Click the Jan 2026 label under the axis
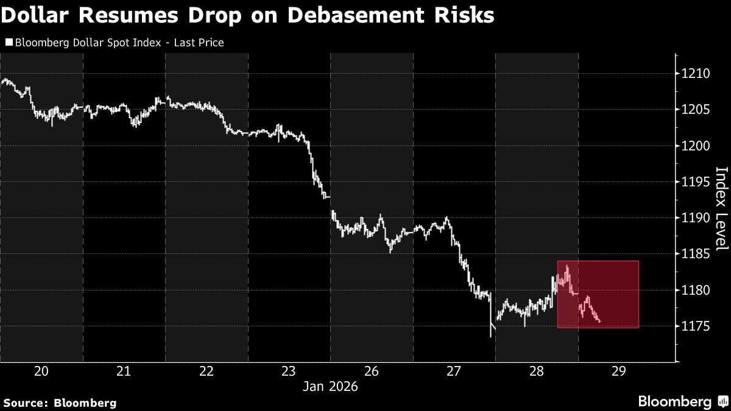(x=330, y=387)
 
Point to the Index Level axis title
(x=721, y=208)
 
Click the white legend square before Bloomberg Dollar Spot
(x=8, y=43)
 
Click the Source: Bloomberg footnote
(x=60, y=402)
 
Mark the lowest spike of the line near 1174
(x=490, y=335)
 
